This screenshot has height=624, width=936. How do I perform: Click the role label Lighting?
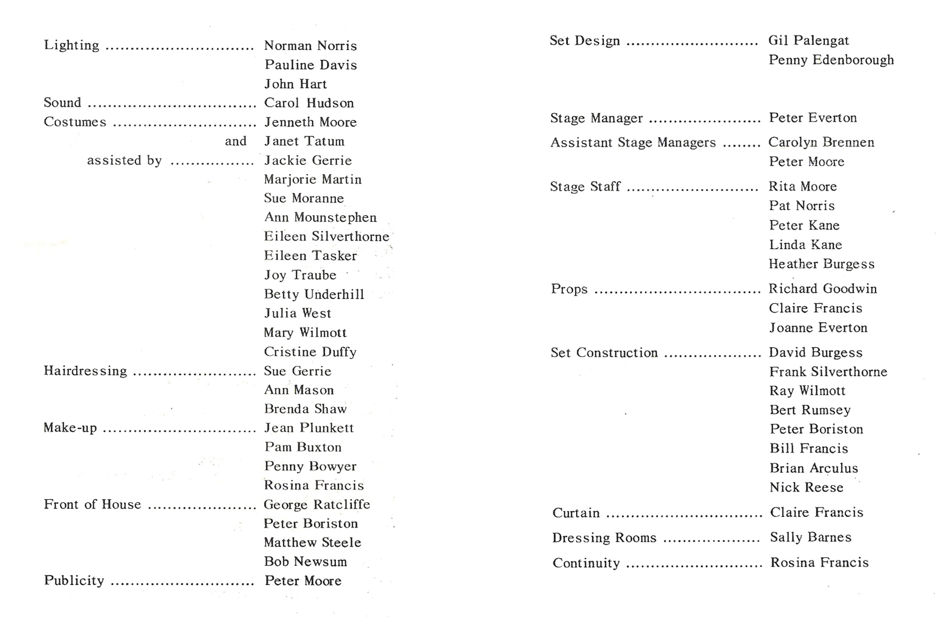pos(72,45)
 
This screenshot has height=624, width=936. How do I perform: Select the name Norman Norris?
pos(310,46)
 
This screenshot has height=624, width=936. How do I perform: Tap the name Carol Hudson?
pos(309,103)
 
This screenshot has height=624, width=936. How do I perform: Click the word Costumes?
pos(75,122)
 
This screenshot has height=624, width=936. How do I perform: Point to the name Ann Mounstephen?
pos(320,217)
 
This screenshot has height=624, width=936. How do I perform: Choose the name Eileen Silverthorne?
pos(326,236)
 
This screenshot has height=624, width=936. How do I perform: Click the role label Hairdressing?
pos(85,371)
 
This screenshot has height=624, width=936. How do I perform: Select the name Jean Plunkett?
pos(309,428)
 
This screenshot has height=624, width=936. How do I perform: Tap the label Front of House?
pos(92,504)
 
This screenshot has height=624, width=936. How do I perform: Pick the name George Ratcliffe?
pos(317,504)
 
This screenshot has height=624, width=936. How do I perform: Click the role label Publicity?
pos(74,580)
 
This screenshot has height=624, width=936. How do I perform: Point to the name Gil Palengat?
pos(808,40)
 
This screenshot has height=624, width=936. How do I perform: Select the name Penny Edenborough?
pos(831,60)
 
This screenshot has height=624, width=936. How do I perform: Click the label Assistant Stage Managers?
pos(633,142)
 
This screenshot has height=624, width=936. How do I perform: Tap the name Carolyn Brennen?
pos(821,142)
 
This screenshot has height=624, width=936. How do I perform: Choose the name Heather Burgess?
pos(821,264)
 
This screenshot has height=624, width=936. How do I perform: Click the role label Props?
pos(569,289)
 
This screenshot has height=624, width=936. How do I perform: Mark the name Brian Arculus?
pos(814,468)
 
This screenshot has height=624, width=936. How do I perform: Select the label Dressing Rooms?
pos(604,538)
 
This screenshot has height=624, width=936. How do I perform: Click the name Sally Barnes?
pos(811,537)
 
